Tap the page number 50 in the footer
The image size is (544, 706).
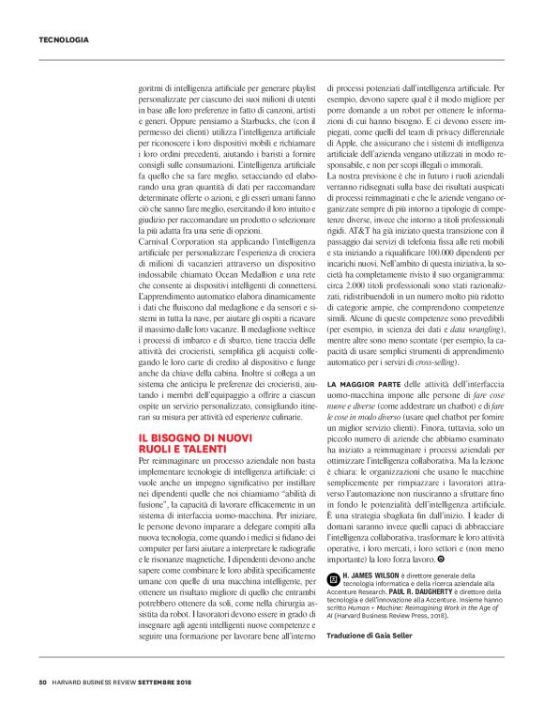tap(43, 682)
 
